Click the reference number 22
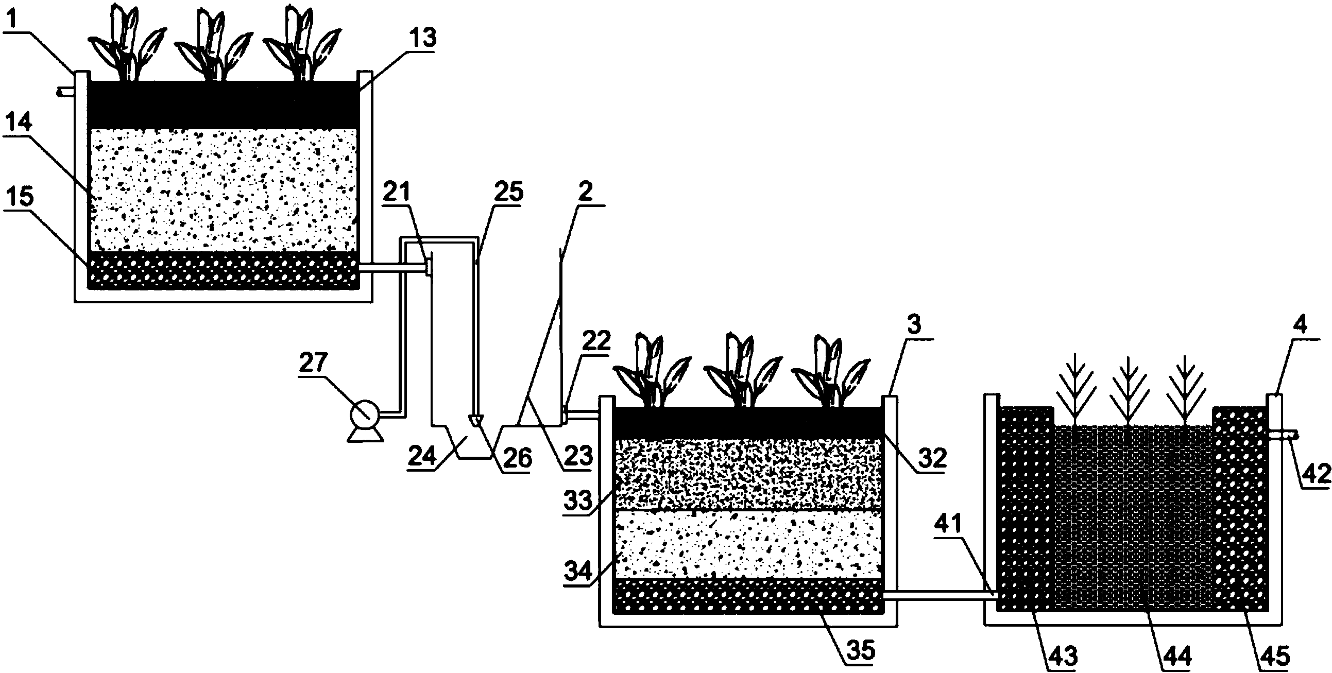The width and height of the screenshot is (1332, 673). [596, 341]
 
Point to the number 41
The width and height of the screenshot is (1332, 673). [947, 525]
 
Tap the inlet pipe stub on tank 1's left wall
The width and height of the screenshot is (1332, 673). [66, 92]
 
